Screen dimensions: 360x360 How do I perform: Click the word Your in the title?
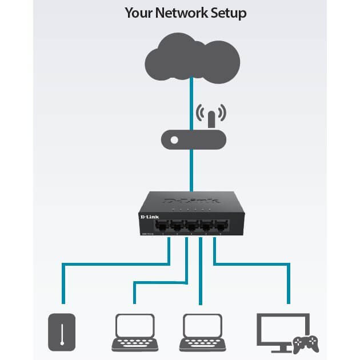click(x=139, y=13)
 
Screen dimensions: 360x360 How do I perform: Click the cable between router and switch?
click(x=191, y=171)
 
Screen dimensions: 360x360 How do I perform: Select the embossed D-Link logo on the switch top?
click(x=191, y=200)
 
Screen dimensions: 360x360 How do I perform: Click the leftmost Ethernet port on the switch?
click(x=165, y=224)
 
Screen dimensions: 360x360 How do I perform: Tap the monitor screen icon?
click(x=283, y=327)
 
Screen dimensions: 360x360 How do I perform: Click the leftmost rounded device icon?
click(x=62, y=331)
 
